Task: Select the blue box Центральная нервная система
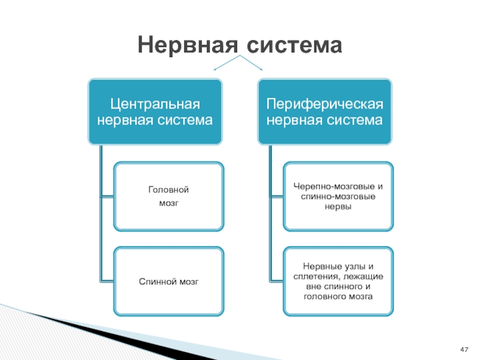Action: click(x=155, y=112)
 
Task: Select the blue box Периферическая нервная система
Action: click(x=325, y=112)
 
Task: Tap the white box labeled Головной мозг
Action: click(x=169, y=196)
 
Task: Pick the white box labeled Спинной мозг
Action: click(x=169, y=281)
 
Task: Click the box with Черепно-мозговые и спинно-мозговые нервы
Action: click(x=338, y=196)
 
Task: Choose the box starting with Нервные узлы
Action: click(x=338, y=281)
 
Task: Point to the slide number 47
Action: click(x=464, y=349)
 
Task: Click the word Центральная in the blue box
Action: click(x=155, y=104)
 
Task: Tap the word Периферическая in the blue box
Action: click(x=325, y=104)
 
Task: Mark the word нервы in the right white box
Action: click(x=339, y=206)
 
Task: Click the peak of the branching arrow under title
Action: click(x=240, y=56)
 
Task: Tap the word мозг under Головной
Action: click(x=169, y=203)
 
